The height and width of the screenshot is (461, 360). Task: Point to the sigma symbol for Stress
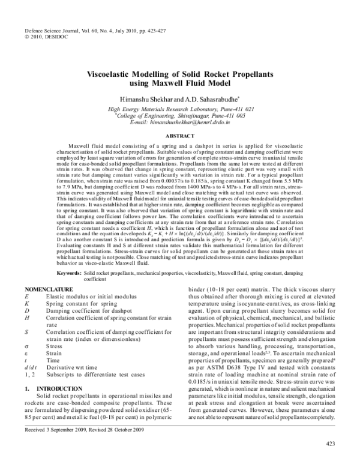(x=27, y=346)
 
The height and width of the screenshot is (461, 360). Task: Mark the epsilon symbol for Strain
(x=27, y=354)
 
